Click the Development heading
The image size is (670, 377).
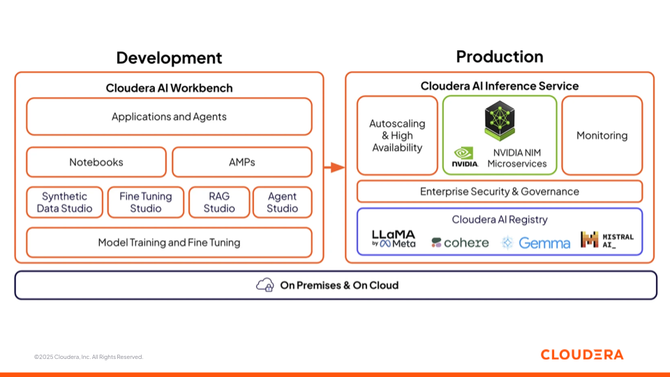click(x=169, y=58)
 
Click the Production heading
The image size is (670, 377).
click(x=499, y=57)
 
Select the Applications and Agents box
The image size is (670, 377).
click(x=169, y=117)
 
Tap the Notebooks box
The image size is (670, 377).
click(x=96, y=162)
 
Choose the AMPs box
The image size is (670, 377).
click(x=241, y=162)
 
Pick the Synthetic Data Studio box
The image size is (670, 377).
click(x=65, y=202)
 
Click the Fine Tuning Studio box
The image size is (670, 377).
click(x=146, y=202)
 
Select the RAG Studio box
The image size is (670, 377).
click(x=219, y=202)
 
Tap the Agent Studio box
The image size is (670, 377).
click(x=282, y=202)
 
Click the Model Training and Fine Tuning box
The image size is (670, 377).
click(x=169, y=242)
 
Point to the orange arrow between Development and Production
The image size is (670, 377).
click(x=334, y=167)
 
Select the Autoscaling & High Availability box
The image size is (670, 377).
click(x=397, y=135)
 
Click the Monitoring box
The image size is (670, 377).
click(x=602, y=135)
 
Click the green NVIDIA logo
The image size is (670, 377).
click(x=465, y=157)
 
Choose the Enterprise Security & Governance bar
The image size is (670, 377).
click(x=499, y=191)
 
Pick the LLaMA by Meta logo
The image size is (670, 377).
click(x=394, y=239)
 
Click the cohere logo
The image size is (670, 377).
click(x=460, y=242)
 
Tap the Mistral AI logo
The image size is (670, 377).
click(x=607, y=240)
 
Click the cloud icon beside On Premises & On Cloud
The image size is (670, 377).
click(x=265, y=285)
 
